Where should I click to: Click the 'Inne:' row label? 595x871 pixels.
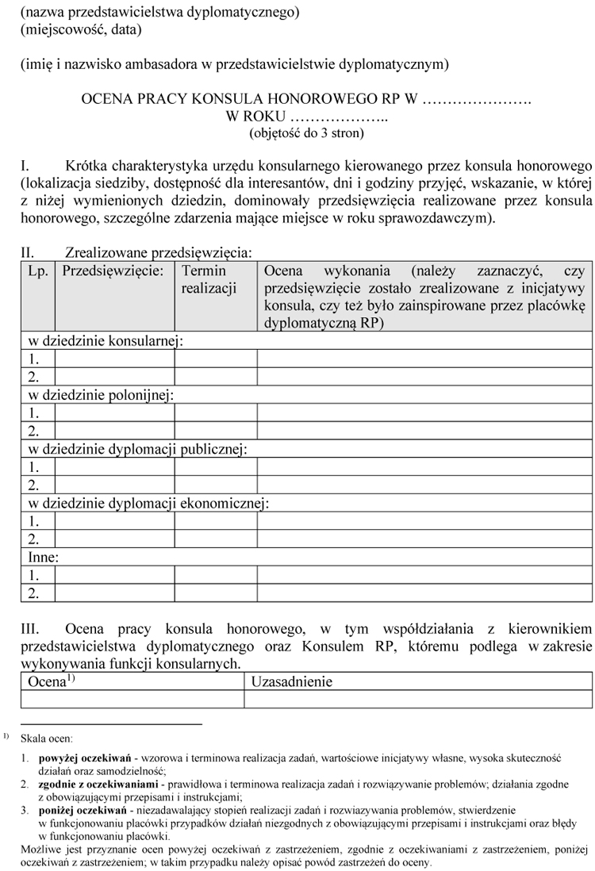click(44, 557)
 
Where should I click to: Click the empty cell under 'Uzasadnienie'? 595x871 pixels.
click(417, 699)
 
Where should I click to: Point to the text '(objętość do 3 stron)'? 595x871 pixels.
click(306, 132)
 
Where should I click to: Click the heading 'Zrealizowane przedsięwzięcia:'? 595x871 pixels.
click(159, 253)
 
